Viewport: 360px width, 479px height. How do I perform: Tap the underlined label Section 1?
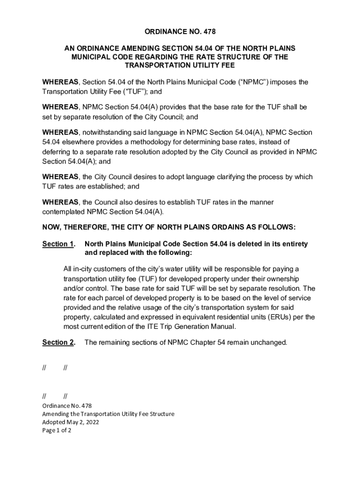point(58,244)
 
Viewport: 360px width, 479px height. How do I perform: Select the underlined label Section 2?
point(58,342)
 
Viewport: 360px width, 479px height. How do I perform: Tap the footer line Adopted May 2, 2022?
point(71,422)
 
